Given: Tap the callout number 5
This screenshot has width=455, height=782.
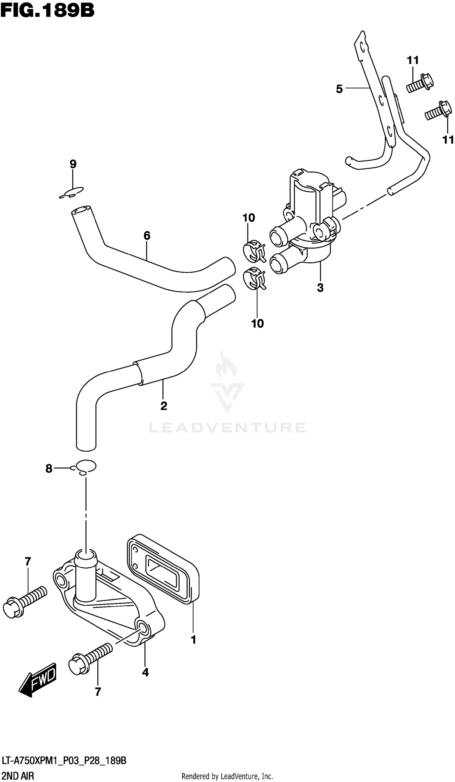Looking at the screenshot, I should (339, 89).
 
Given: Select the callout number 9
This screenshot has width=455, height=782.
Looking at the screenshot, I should (73, 164).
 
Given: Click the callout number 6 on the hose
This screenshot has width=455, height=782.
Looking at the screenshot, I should (147, 236).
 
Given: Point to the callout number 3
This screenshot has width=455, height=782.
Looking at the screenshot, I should (320, 288).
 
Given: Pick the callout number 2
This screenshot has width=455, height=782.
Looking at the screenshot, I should (164, 406).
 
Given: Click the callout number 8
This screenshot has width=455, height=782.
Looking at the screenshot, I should (49, 469).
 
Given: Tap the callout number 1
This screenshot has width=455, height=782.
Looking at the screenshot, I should (193, 640).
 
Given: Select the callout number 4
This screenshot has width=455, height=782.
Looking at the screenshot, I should (145, 672).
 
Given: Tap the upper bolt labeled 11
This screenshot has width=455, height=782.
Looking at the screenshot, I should (419, 83).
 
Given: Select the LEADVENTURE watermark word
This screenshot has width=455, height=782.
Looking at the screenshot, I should (227, 428).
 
